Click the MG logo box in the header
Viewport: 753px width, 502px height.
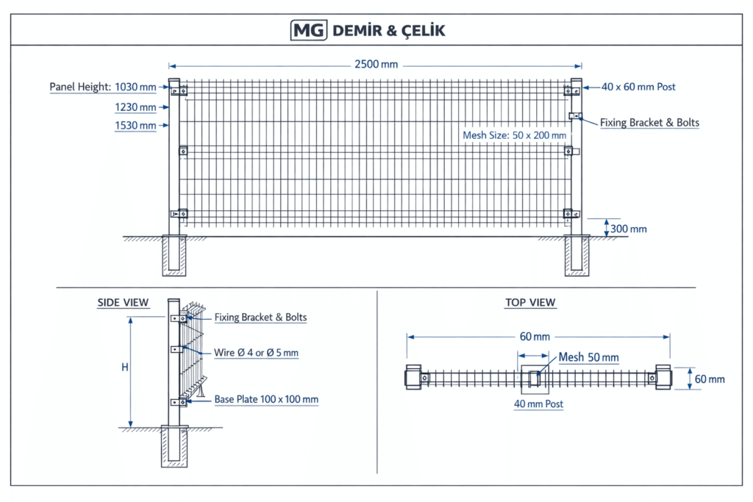pos(309,31)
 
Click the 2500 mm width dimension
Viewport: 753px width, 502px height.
pos(376,65)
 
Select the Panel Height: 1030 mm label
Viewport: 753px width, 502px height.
pos(102,87)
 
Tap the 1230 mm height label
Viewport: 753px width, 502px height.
pos(135,107)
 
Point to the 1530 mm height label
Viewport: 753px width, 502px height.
pos(135,126)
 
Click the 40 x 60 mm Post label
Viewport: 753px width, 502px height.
pos(638,87)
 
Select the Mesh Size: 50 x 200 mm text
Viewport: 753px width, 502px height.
pos(514,135)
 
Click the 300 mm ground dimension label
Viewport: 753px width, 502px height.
pos(629,229)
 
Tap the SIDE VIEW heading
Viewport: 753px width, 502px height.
pos(123,302)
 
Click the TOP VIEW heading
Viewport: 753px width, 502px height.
pos(530,302)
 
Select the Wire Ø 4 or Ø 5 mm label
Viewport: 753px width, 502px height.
pos(256,353)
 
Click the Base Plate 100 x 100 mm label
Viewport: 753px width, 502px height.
pos(266,400)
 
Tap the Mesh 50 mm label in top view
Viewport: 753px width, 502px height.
pos(588,357)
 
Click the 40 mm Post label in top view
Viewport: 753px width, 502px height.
pos(538,404)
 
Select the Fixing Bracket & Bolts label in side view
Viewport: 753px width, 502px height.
pos(260,318)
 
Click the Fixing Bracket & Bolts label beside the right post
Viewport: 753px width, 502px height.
pos(649,123)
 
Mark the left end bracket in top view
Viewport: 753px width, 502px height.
pos(413,377)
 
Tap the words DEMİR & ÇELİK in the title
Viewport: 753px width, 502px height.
pos(389,31)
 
